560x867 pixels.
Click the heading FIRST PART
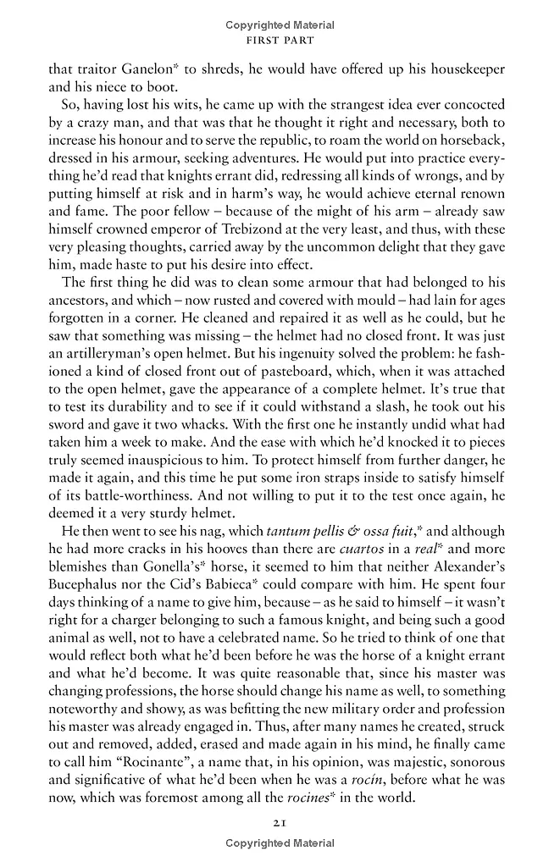click(280, 40)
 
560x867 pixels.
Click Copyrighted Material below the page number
click(280, 843)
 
